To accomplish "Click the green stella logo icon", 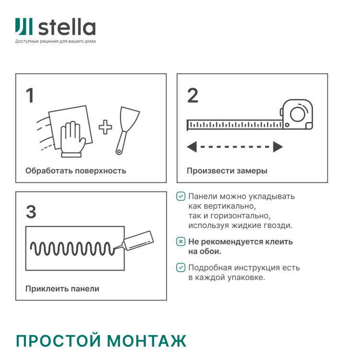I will (x=24, y=27).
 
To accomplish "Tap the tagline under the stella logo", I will (x=55, y=41).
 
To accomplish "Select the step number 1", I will (x=30, y=96).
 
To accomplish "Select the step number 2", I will (x=192, y=96).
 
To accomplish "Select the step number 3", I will (x=31, y=212).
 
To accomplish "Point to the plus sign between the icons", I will (x=105, y=127).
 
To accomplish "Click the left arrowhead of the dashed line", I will (x=192, y=147).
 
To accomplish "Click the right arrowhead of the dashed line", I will (x=277, y=147).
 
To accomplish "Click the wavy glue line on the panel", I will (x=72, y=249).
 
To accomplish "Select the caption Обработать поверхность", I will (x=75, y=170).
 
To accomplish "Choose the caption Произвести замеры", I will (x=227, y=170).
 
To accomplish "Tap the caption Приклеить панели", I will (x=62, y=288).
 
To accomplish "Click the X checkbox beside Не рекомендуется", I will (x=180, y=242).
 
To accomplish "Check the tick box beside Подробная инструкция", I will (x=180, y=268).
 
